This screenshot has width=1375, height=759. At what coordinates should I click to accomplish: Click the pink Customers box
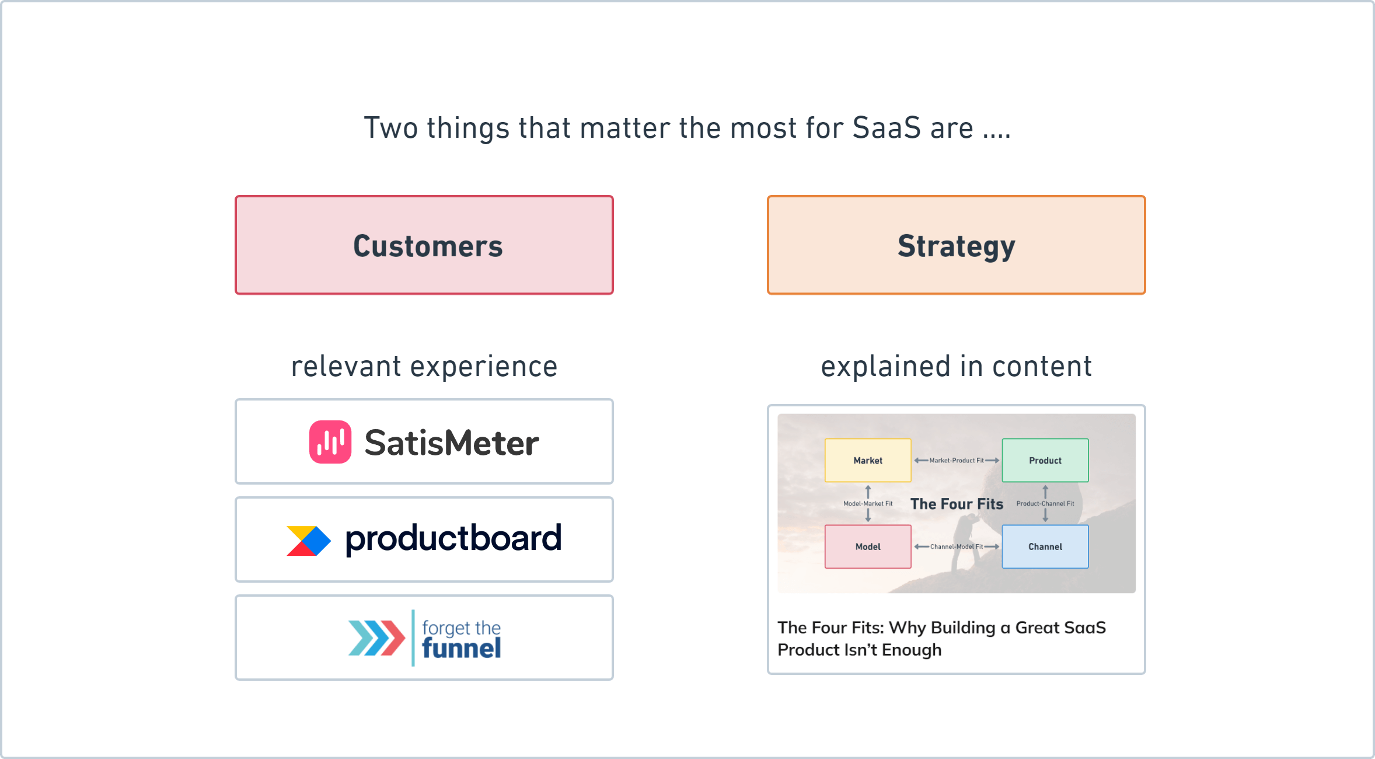click(x=424, y=245)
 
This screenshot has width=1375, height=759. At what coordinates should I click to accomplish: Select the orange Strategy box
click(x=957, y=245)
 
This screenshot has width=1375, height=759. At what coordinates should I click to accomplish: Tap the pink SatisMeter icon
click(x=330, y=442)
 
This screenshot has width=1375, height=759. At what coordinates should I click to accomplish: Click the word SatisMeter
click(x=452, y=443)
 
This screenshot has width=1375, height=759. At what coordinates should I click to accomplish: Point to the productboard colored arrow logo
click(x=309, y=541)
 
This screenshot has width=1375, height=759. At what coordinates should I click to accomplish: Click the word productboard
click(x=453, y=538)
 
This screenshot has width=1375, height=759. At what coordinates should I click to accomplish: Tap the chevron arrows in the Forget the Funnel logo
click(x=376, y=638)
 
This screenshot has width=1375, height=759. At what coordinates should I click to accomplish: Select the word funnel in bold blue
click(x=461, y=648)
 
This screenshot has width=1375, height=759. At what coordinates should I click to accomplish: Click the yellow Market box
click(x=868, y=460)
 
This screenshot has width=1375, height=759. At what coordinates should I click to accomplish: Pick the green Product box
click(x=1045, y=460)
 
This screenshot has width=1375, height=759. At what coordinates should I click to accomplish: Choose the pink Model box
click(x=868, y=546)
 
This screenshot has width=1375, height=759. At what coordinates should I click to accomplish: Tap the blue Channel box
click(x=1045, y=546)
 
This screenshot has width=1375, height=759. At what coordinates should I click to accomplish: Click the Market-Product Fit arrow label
click(x=957, y=461)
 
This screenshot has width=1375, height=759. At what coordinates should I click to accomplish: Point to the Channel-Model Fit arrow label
click(x=957, y=547)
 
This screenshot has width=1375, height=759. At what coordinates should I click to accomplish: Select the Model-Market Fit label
click(x=868, y=504)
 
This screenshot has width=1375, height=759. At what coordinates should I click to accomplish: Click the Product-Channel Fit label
click(x=1045, y=504)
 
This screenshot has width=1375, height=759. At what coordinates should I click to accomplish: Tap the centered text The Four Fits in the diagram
click(x=957, y=504)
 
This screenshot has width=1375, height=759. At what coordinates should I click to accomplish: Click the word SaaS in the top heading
click(x=887, y=128)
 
